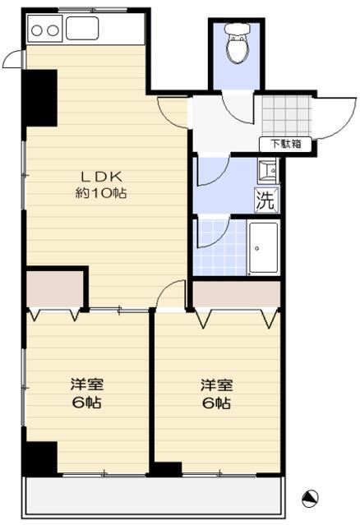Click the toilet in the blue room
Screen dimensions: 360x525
pyautogui.click(x=238, y=44)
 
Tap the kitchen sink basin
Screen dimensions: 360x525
pyautogui.click(x=82, y=28)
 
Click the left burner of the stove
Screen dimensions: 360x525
pyautogui.click(x=36, y=30)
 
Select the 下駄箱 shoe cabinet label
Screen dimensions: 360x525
pyautogui.click(x=286, y=145)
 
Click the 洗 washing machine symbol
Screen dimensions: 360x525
pyautogui.click(x=266, y=200)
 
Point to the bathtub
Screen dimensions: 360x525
pyautogui.click(x=263, y=248)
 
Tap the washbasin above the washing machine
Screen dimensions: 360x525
pyautogui.click(x=268, y=171)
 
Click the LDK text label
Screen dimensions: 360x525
pyautogui.click(x=101, y=177)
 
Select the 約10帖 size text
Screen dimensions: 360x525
pyautogui.click(x=101, y=193)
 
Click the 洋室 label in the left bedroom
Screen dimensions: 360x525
pyautogui.click(x=87, y=385)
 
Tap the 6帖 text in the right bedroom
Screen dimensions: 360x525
pyautogui.click(x=217, y=403)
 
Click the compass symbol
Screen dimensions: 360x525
pyautogui.click(x=310, y=499)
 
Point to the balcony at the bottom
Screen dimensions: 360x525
pyautogui.click(x=153, y=497)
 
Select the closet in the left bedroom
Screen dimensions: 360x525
pyautogui.click(x=54, y=289)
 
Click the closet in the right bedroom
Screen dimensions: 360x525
pyautogui.click(x=237, y=294)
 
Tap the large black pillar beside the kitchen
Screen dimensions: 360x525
pyautogui.click(x=39, y=98)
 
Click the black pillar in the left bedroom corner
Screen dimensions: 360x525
pyautogui.click(x=41, y=458)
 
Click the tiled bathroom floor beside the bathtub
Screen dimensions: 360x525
pyautogui.click(x=220, y=248)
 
